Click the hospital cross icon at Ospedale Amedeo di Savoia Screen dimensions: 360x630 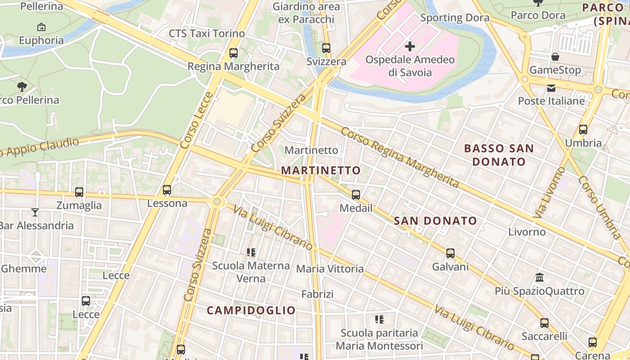point(409,46)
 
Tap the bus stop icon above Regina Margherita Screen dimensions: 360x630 point(233,53)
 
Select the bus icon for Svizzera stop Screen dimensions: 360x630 point(326,48)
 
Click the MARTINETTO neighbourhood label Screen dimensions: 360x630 point(321,170)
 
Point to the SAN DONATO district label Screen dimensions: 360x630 point(435,220)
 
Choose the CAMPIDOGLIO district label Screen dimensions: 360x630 point(251,310)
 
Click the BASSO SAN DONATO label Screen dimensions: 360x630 point(499,155)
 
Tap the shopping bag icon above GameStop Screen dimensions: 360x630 point(555,57)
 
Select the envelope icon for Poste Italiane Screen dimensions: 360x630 point(551,88)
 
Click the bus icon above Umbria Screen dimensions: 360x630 point(583,130)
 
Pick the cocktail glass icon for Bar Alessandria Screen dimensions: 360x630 point(35,212)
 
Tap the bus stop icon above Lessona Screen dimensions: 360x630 point(167,190)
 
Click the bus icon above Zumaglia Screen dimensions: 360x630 point(79,192)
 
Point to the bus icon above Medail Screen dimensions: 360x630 point(356,195)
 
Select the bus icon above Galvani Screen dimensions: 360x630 point(450,253)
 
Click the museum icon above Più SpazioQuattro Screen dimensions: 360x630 point(540,278)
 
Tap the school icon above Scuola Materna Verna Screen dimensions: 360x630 point(251,252)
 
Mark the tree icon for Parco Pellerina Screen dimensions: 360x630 point(22,86)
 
